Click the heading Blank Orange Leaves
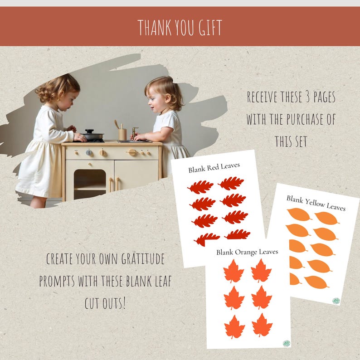point(247,252)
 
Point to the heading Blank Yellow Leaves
point(316,203)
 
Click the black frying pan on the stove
point(92,135)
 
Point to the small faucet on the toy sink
point(134,132)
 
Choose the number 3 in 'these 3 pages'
point(302,97)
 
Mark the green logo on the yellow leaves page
point(336,300)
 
